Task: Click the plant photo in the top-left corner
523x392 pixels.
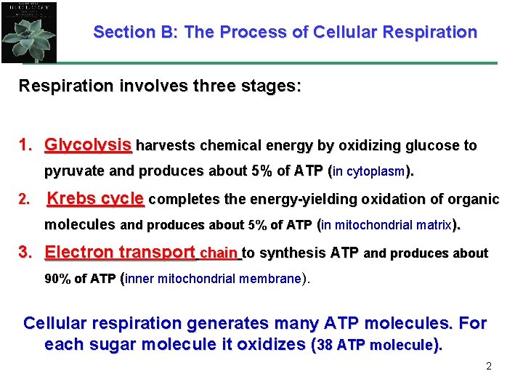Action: [29, 31]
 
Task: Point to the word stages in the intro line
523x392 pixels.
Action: [269, 86]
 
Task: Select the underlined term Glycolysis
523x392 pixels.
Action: [88, 145]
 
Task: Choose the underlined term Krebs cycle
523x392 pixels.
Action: [96, 199]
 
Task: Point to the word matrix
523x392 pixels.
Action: [431, 226]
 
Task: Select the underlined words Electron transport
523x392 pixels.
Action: [120, 253]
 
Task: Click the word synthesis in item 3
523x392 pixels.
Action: [293, 253]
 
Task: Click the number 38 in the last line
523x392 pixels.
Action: [325, 346]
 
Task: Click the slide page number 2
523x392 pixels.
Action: [488, 366]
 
